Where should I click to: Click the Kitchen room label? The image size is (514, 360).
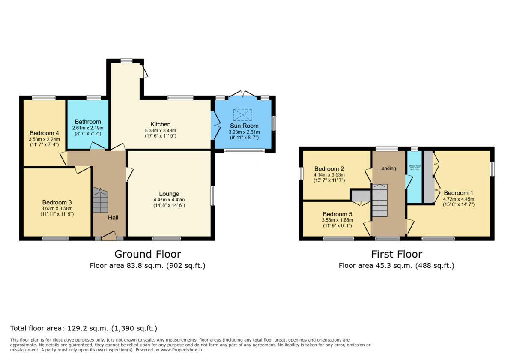tap(161, 124)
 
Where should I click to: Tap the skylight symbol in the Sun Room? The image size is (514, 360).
tap(242, 115)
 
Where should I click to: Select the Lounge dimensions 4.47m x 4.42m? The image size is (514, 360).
tap(169, 200)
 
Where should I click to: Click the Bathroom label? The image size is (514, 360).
tap(88, 122)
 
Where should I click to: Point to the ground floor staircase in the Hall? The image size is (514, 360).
tap(100, 201)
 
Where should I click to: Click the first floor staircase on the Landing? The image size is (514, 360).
tap(380, 200)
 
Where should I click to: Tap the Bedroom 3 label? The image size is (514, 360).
tap(57, 202)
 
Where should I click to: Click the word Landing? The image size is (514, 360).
tap(388, 168)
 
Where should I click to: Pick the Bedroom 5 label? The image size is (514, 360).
tap(337, 214)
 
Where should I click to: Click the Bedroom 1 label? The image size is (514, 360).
tap(458, 193)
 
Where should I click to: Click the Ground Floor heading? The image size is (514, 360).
tap(147, 254)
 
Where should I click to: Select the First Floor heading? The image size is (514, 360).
tap(396, 254)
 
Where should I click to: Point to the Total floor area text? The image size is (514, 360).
tap(84, 329)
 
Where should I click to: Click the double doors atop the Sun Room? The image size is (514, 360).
tap(242, 94)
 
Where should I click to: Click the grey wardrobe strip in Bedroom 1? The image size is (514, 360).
tap(428, 177)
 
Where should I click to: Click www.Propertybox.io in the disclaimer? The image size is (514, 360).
tap(181, 350)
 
